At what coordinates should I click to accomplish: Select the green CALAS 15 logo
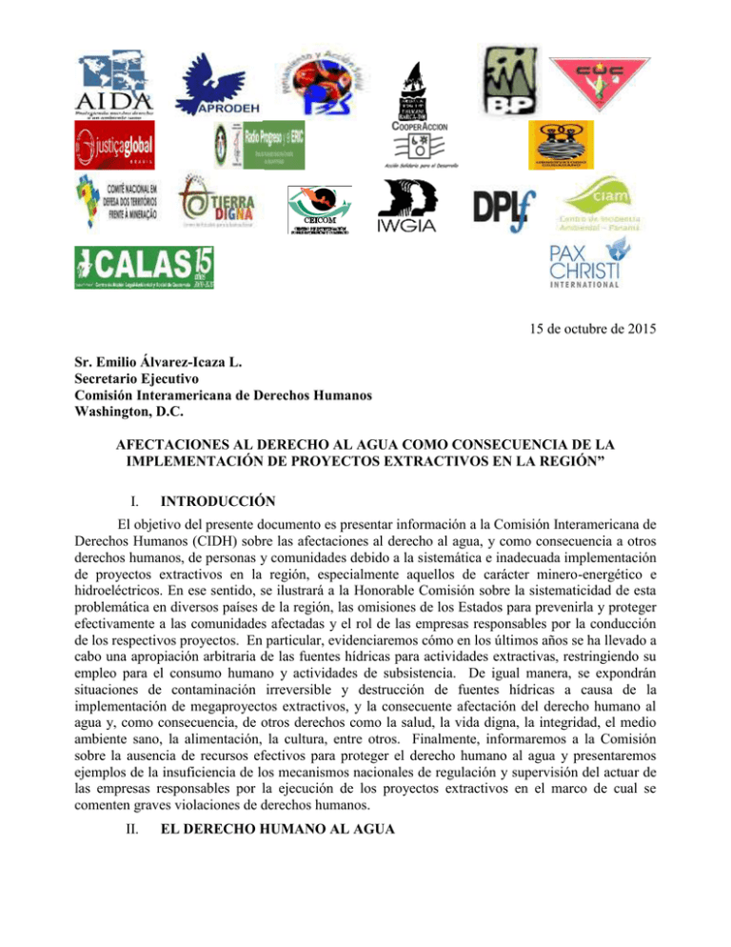coord(144,266)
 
